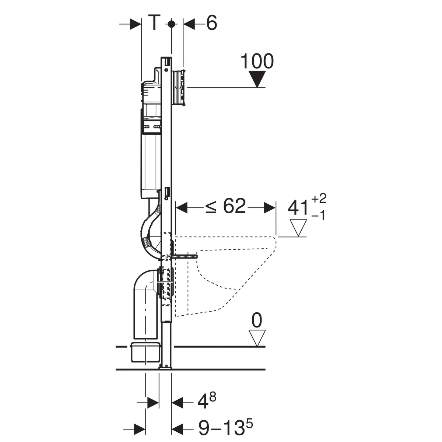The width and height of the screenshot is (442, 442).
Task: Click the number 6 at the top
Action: tap(211, 23)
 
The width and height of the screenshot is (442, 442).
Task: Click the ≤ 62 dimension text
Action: tap(225, 206)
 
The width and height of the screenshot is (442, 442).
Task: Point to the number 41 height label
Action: tap(298, 208)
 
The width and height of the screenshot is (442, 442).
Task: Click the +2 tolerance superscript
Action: tap(319, 199)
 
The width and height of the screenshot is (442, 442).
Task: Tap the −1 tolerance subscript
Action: tap(318, 215)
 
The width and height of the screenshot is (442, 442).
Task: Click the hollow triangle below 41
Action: tap(298, 228)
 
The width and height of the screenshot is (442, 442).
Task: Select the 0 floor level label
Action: tap(257, 320)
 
